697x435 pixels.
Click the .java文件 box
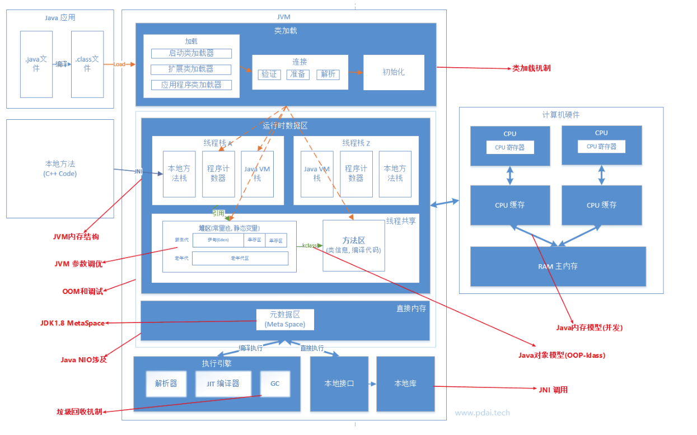coord(36,64)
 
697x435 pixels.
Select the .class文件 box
coord(87,64)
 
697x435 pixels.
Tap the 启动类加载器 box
coord(191,53)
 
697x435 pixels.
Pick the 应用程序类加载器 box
coord(191,85)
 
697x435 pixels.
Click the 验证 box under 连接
coord(269,74)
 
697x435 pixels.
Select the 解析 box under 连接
coord(328,74)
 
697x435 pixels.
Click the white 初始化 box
coord(394,72)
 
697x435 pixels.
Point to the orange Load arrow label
coord(119,64)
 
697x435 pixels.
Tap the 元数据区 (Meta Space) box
coord(285,319)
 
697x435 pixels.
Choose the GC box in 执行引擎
coord(275,383)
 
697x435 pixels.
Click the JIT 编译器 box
coord(223,383)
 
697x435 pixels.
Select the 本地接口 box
coord(339,383)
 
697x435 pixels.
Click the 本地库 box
coord(405,383)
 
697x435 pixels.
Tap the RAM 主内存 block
coord(558,266)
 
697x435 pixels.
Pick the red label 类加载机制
coord(531,68)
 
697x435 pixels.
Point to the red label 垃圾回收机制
coord(79,411)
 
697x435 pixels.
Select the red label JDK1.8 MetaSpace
coord(73,323)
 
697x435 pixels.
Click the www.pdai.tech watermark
coord(482,413)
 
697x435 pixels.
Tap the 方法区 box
coord(353,245)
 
